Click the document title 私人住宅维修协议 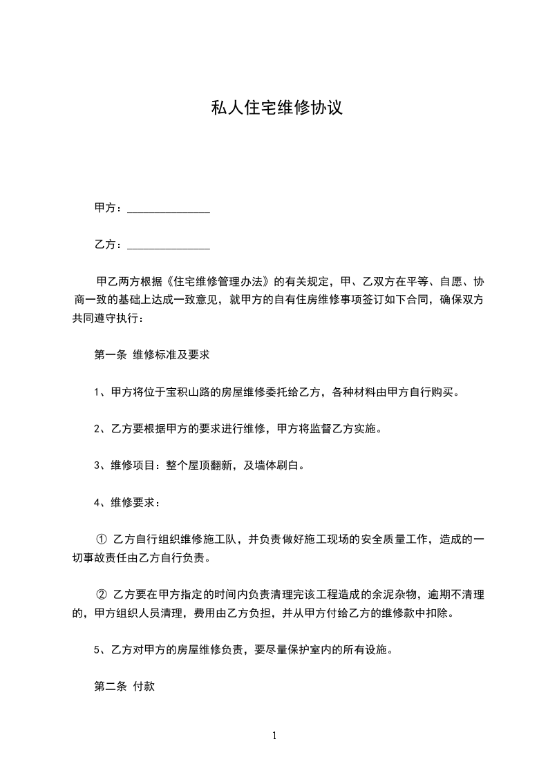[x=276, y=109]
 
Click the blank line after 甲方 [x=169, y=209]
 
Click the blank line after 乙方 [x=169, y=245]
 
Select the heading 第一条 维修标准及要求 [x=151, y=356]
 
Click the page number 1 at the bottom [x=274, y=736]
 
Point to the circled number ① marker [x=100, y=539]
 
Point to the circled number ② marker [x=100, y=594]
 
